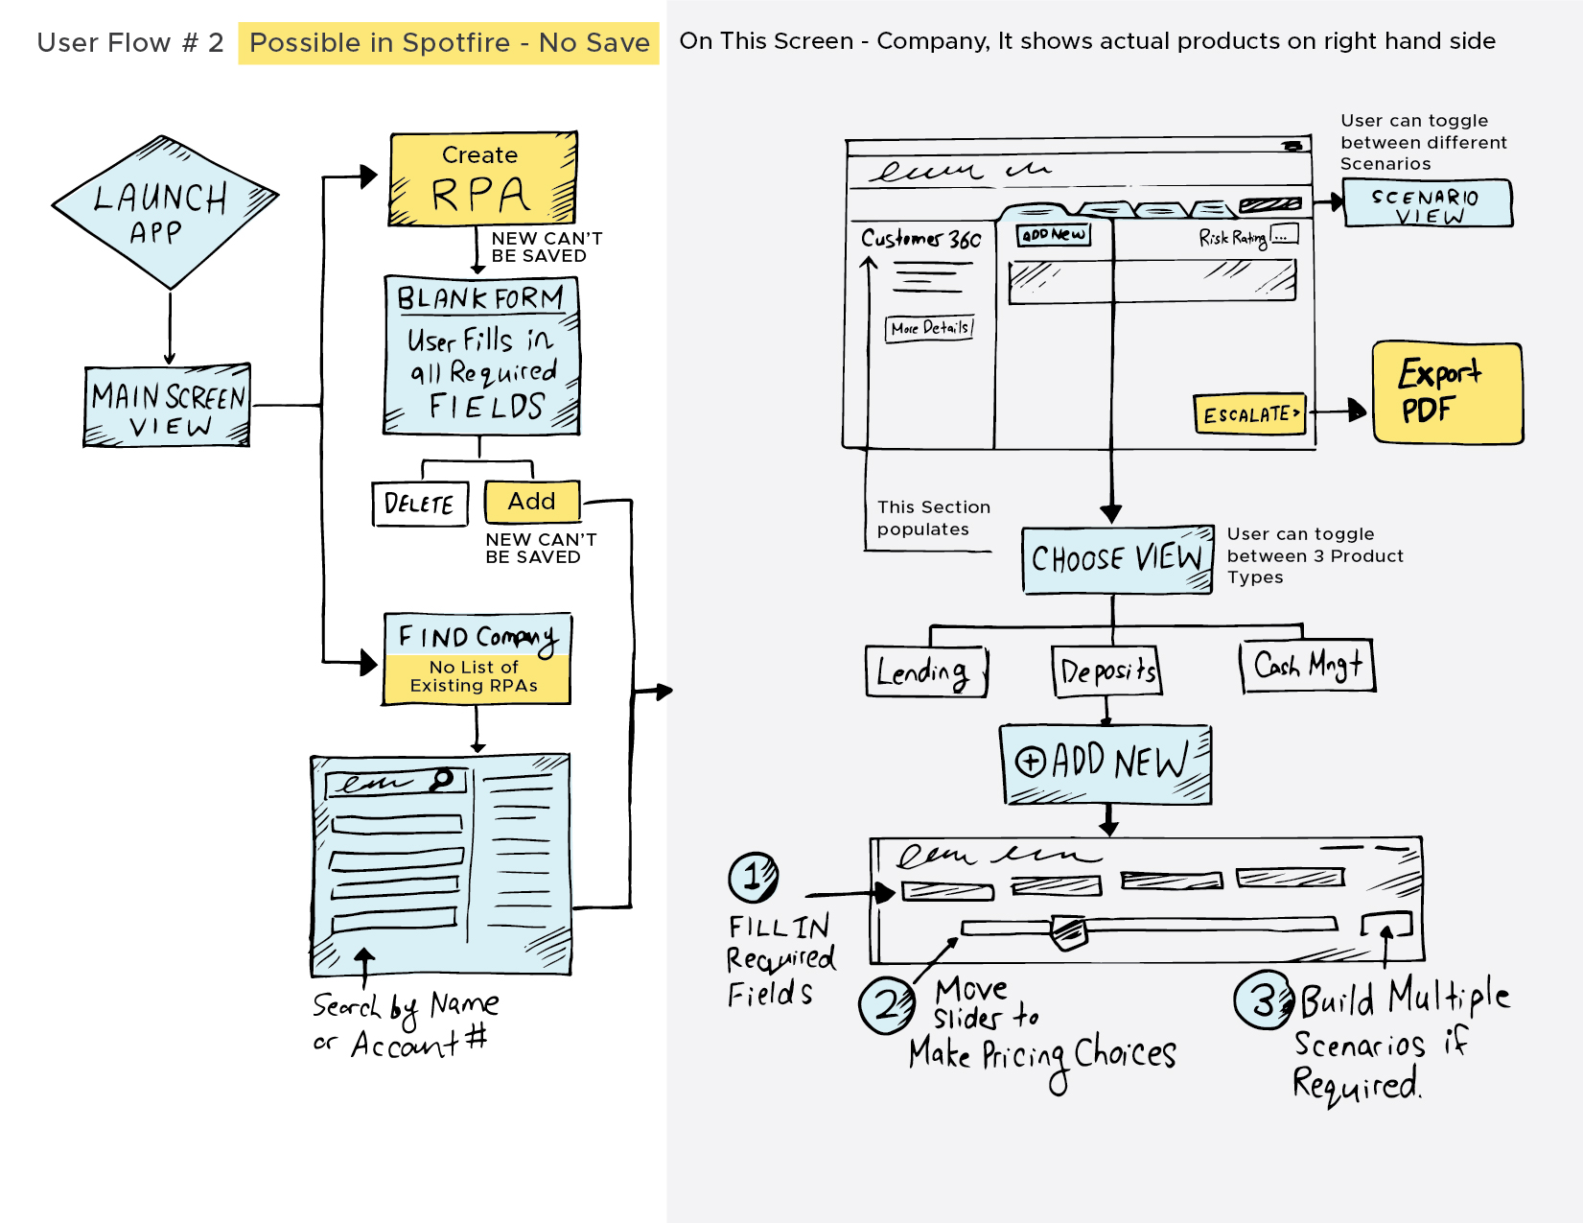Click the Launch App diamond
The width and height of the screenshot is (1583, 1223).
pos(165,212)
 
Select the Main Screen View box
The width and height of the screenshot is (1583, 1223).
pos(168,407)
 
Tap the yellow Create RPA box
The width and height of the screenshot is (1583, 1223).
pos(481,179)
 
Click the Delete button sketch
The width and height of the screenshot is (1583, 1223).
pos(420,504)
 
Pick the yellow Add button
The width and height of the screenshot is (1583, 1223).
pos(532,501)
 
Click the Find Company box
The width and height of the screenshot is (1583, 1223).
pos(477,658)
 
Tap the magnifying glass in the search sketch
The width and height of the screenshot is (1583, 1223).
pos(442,779)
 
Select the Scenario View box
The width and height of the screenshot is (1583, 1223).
pos(1427,203)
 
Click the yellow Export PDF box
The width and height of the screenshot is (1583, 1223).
pos(1447,392)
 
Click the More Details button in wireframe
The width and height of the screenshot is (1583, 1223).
pos(929,328)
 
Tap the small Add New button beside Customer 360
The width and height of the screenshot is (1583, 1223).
pos(1054,234)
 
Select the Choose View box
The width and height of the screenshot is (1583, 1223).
pos(1117,559)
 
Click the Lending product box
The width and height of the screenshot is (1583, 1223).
pos(925,670)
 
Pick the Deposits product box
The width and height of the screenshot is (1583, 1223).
pos(1107,670)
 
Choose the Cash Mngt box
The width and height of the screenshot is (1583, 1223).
pos(1308,666)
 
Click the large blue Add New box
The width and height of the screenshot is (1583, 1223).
pos(1106,764)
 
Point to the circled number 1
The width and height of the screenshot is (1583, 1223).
pos(754,876)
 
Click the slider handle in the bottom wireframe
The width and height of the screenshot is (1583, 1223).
pos(1068,930)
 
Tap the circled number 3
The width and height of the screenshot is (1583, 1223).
pos(1264,1000)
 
